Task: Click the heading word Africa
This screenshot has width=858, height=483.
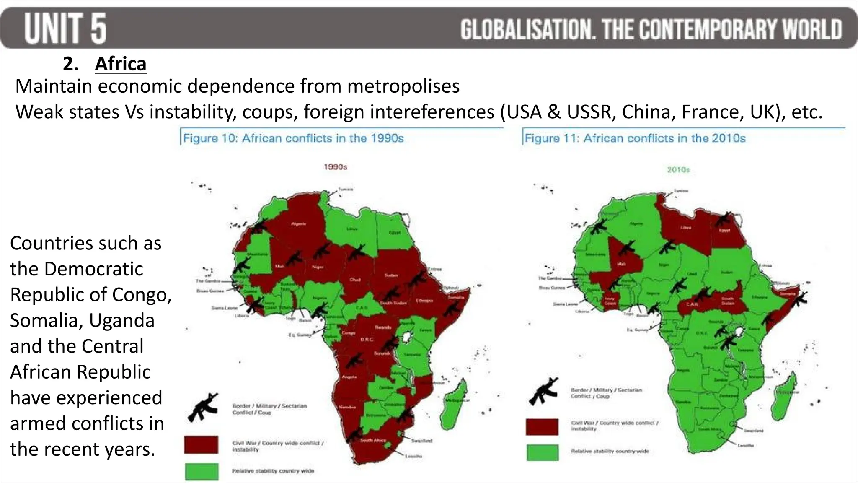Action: [x=121, y=64]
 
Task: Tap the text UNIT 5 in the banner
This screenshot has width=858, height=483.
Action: [x=65, y=29]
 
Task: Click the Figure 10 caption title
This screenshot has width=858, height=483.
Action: [x=293, y=138]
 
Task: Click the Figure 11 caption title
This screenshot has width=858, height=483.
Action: [x=635, y=138]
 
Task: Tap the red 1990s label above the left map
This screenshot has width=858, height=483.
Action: [x=335, y=167]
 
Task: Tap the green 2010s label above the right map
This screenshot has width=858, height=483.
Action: [x=678, y=170]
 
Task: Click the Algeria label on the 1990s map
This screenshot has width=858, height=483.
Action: [x=299, y=224]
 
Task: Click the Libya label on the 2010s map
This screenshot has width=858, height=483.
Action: [x=685, y=227]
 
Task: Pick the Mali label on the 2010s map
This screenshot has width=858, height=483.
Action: [x=621, y=264]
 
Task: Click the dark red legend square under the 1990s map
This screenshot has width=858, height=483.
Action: [x=201, y=444]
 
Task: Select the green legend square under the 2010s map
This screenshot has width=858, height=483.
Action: [x=542, y=453]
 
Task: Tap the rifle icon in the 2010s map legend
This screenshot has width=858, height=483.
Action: [x=543, y=391]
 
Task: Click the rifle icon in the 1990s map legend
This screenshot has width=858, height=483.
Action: [x=203, y=407]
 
